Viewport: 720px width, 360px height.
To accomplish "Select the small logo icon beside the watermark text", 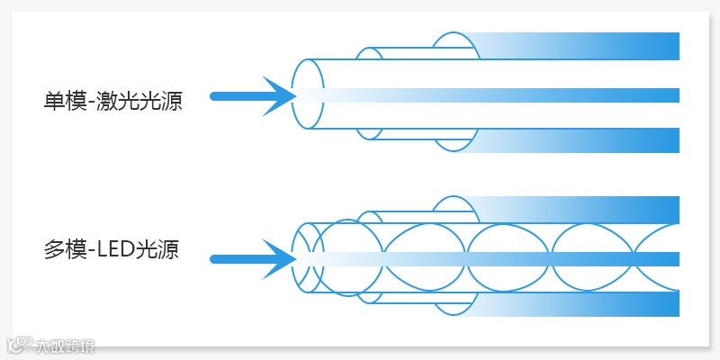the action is point(19,346).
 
